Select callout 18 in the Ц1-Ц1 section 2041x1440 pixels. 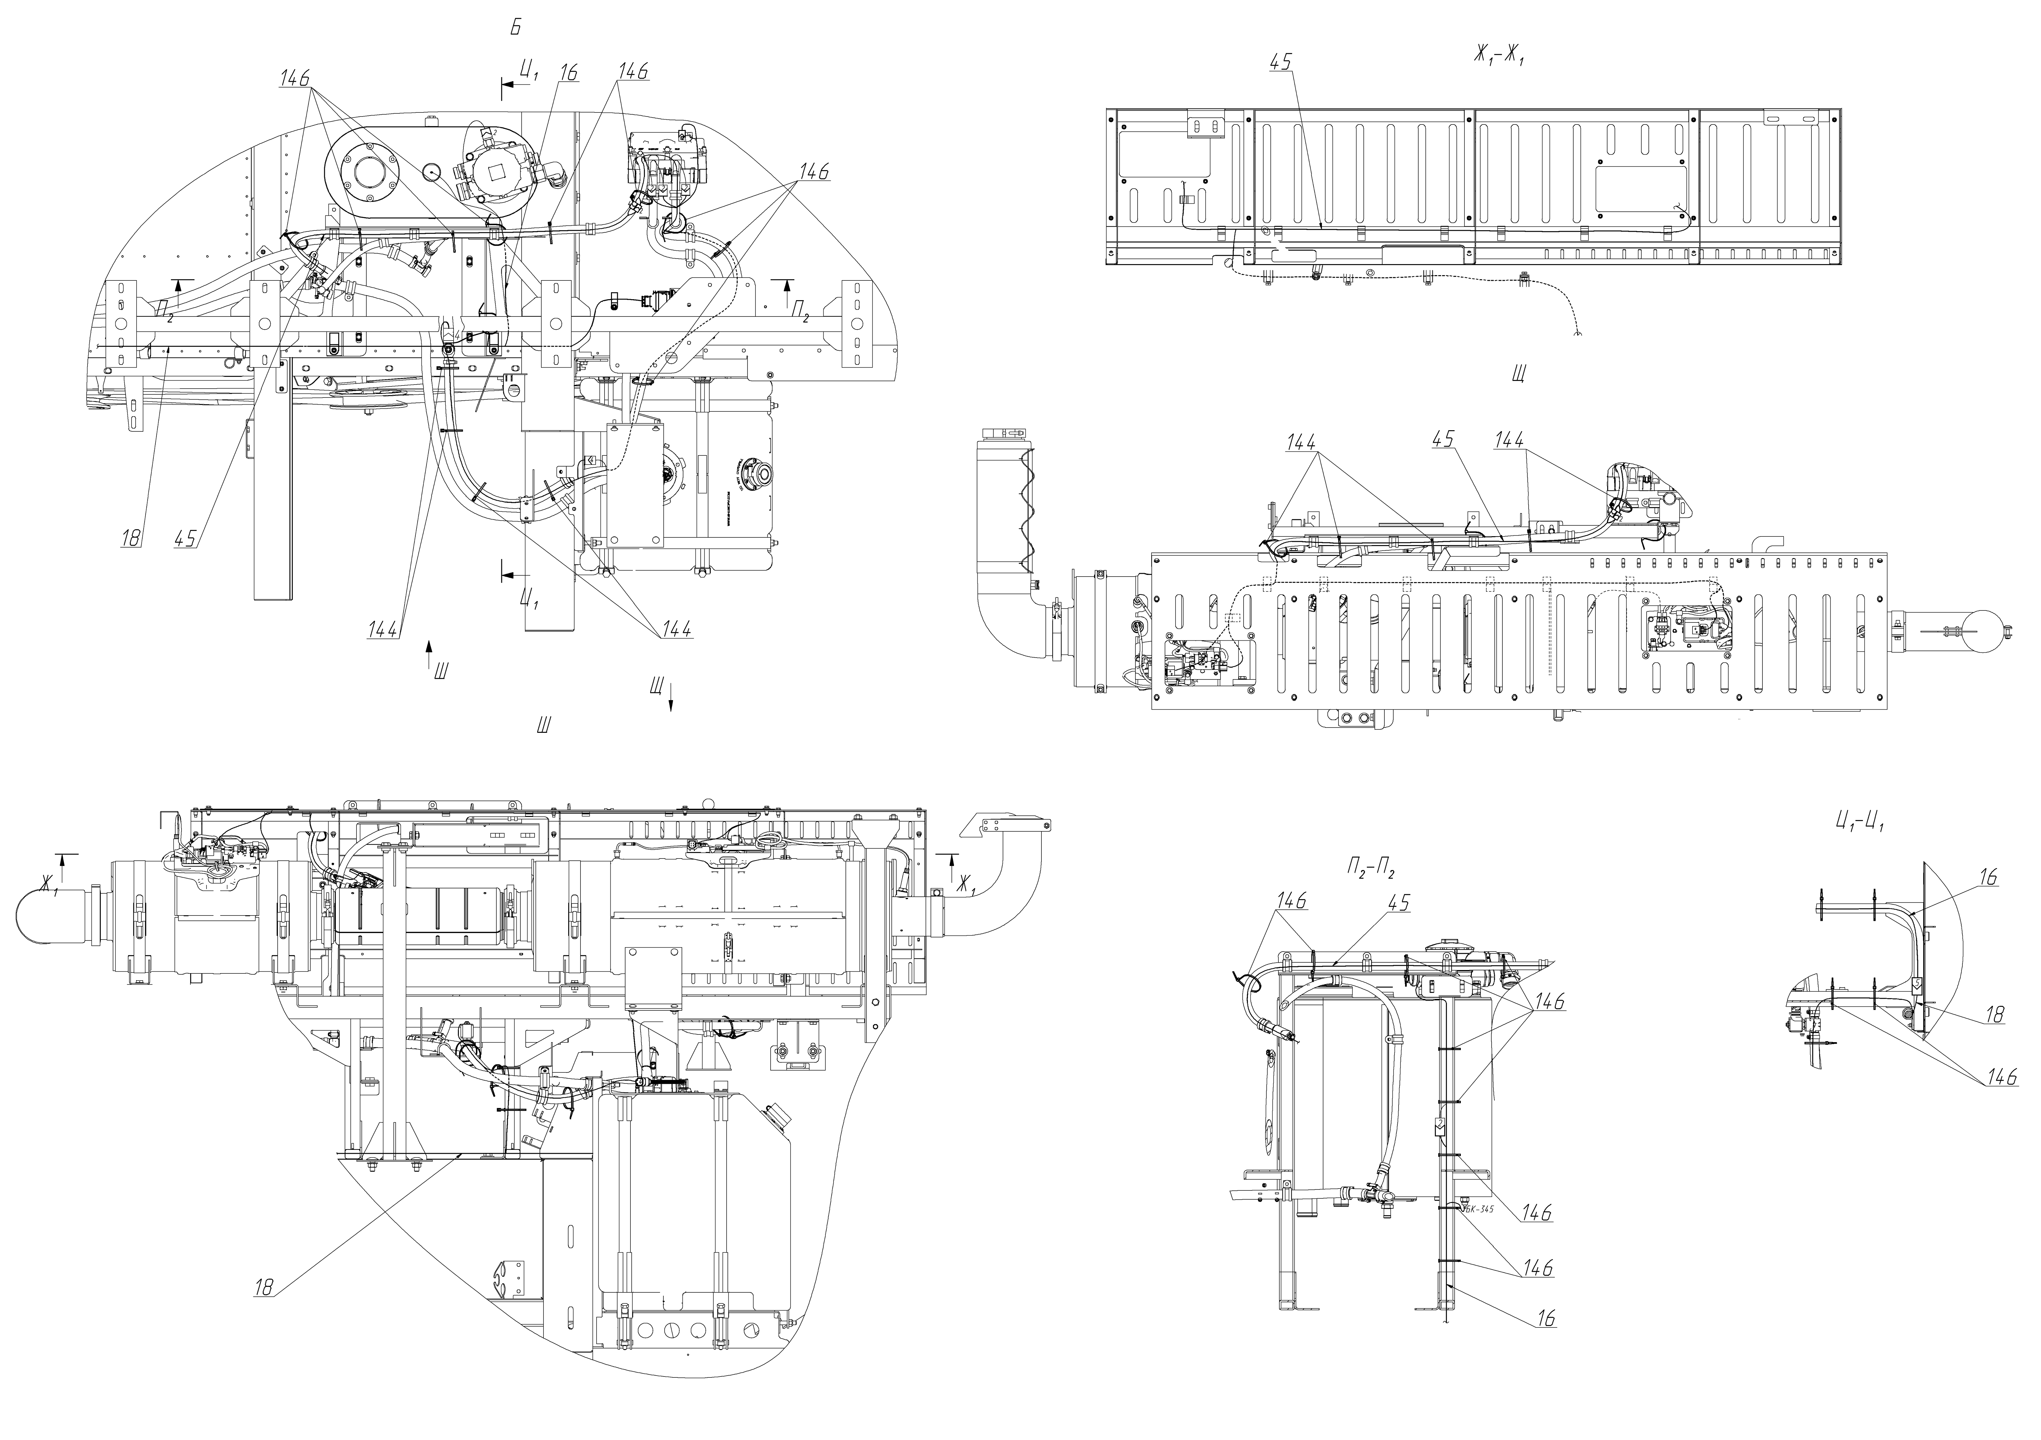[1995, 1015]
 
